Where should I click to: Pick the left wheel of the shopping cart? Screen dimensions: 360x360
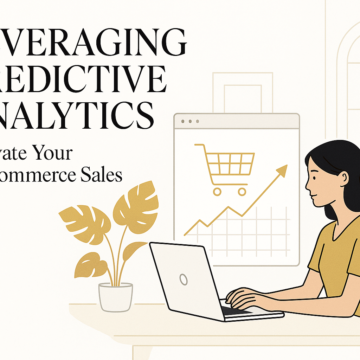[217, 192]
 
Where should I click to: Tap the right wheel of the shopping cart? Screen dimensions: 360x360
[242, 192]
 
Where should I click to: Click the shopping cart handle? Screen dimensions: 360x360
[199, 145]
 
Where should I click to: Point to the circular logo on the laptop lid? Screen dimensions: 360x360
[183, 279]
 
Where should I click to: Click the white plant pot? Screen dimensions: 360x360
[115, 297]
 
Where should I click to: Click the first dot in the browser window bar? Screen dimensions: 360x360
[182, 121]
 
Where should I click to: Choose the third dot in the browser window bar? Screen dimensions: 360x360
[198, 121]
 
